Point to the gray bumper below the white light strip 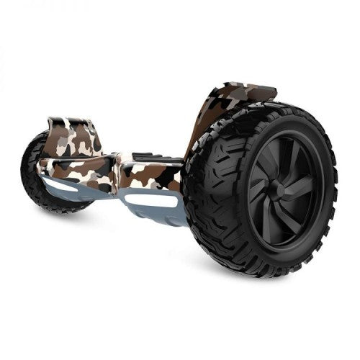pyautogui.click(x=155, y=215)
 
